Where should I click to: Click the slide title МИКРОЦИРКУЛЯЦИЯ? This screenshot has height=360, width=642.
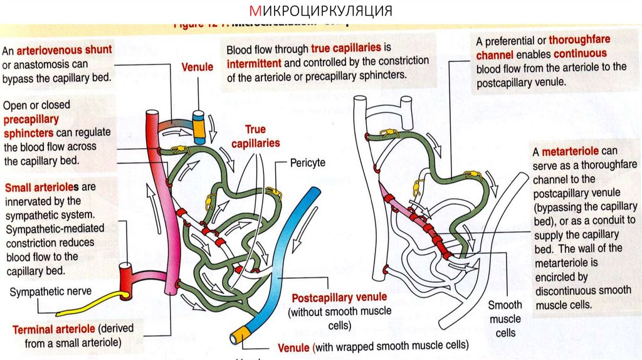point(320,11)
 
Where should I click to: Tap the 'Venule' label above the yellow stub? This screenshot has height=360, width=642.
point(197,66)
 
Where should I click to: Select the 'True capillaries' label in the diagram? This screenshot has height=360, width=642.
point(255,136)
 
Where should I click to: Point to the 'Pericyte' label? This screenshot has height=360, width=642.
point(307,162)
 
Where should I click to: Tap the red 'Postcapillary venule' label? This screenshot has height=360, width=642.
point(339,297)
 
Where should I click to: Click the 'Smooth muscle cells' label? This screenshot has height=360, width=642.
point(505,319)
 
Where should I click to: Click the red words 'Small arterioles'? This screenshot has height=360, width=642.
point(42,187)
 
